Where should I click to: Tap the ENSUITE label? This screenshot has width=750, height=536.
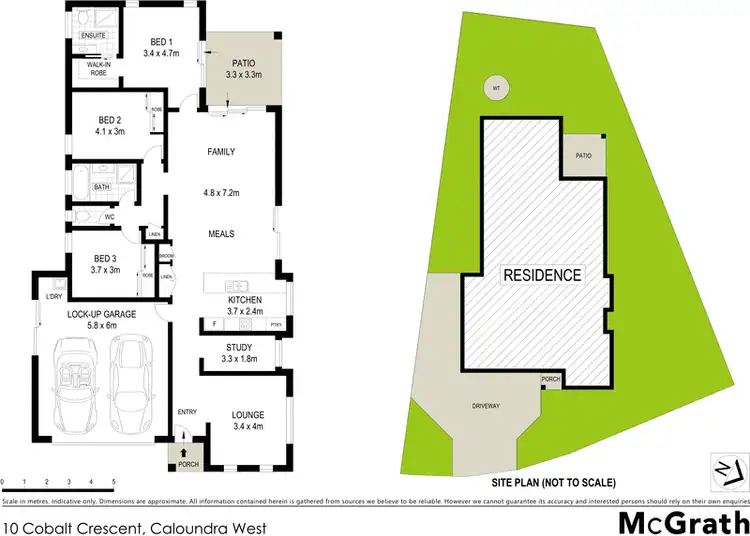pos(94,35)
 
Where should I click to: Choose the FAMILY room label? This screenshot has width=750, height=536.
pos(221,152)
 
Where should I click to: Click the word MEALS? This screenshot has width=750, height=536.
pos(221,233)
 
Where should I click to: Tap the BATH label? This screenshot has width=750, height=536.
pos(102,187)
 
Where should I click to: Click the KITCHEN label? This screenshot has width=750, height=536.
pos(245,300)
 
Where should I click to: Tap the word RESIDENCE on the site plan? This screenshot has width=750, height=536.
pos(541,275)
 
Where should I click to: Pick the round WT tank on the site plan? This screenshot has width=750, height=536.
pos(494,87)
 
